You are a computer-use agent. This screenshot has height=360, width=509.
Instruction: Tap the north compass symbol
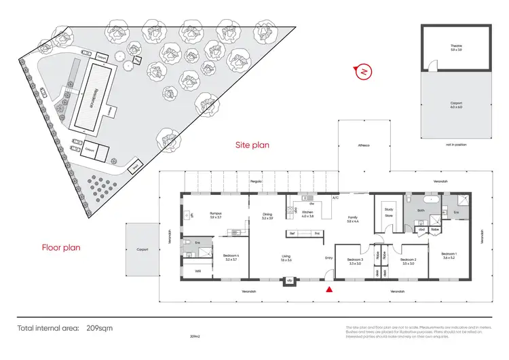coord(364,71)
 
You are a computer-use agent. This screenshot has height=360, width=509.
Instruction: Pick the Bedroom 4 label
coord(232,257)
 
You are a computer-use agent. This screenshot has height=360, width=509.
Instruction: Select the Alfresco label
coord(364,145)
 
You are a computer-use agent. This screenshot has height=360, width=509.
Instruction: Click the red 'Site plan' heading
coord(252,145)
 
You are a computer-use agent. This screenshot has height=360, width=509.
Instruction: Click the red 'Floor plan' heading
coord(61,248)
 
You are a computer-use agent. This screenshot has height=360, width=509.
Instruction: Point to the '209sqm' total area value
coord(100,328)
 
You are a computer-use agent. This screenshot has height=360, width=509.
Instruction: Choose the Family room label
coord(352,219)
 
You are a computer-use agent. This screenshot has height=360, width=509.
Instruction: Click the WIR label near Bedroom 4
coord(197,272)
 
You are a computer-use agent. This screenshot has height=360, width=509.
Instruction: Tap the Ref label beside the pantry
coord(293,234)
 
